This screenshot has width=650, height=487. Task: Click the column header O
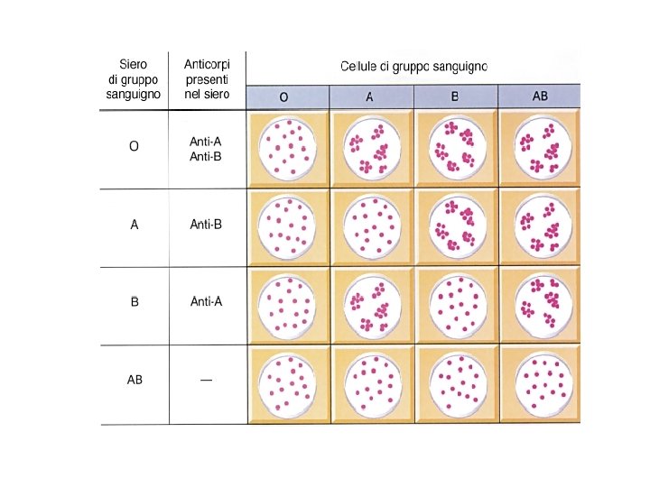pyautogui.click(x=283, y=96)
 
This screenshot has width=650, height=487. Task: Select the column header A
pyautogui.click(x=369, y=96)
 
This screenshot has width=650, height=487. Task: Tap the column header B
pyautogui.click(x=454, y=96)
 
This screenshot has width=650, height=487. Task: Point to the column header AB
pyautogui.click(x=540, y=96)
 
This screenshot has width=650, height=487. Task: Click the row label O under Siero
pyautogui.click(x=134, y=147)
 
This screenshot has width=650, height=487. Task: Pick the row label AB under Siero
pyautogui.click(x=134, y=380)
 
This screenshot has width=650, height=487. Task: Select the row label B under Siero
pyautogui.click(x=134, y=301)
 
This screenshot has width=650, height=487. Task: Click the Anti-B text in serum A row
pyautogui.click(x=206, y=225)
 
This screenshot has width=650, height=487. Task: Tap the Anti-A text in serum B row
pyautogui.click(x=206, y=301)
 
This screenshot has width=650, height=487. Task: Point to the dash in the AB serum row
pyautogui.click(x=206, y=380)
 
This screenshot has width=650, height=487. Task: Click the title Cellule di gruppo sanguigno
pyautogui.click(x=413, y=67)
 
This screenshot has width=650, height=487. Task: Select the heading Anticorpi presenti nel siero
pyautogui.click(x=206, y=78)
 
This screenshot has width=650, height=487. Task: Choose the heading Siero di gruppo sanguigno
pyautogui.click(x=133, y=78)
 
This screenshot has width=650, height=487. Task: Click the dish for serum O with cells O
pyautogui.click(x=289, y=149)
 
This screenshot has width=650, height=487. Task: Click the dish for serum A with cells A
pyautogui.click(x=373, y=227)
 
